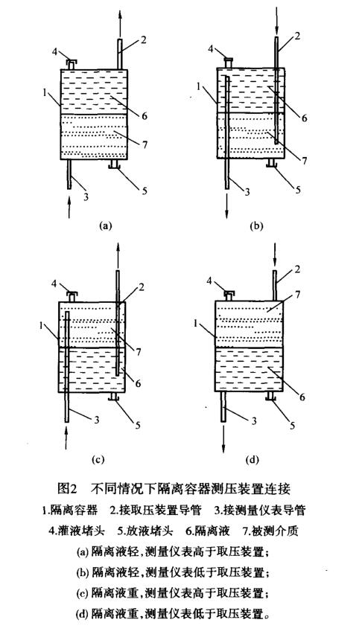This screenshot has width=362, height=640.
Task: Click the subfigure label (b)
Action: click(258, 225)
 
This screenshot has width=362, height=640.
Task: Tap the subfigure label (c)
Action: click(98, 460)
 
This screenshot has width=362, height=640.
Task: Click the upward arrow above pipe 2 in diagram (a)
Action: click(120, 23)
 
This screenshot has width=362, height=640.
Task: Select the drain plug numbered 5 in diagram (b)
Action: click(271, 164)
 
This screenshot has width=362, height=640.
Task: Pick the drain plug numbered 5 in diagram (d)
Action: click(270, 397)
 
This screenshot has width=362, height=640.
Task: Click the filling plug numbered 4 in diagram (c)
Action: click(72, 296)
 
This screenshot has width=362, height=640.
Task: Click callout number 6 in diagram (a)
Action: click(144, 116)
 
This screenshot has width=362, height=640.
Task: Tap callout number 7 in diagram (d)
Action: click(298, 295)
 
